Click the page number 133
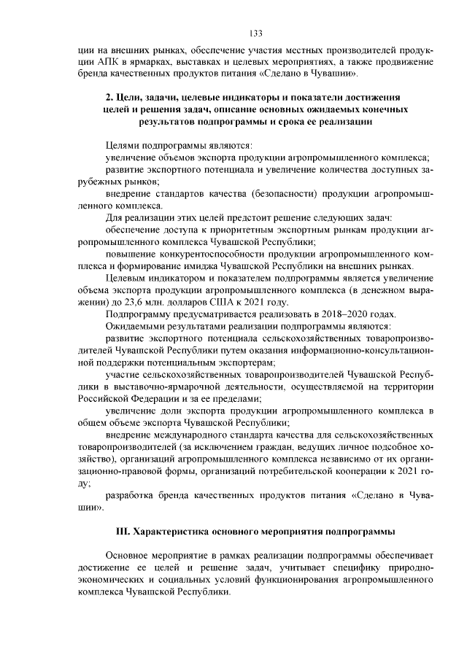255,33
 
